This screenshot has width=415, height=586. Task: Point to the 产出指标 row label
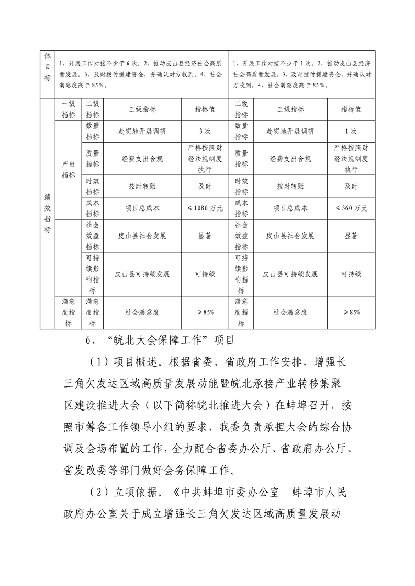point(69,169)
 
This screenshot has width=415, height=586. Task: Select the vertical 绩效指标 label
point(47,214)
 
